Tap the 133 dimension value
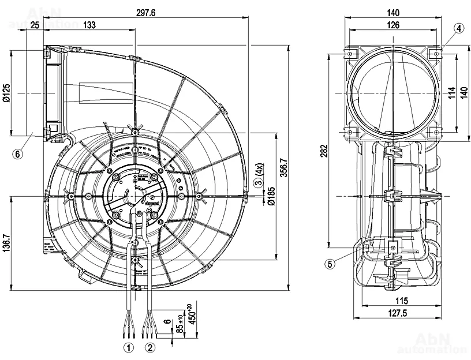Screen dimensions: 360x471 tap(89, 24)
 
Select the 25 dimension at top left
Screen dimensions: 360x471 tap(35, 24)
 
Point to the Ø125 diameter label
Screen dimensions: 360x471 tap(6, 93)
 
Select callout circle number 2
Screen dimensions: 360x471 tap(149, 347)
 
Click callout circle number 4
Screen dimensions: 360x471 tap(458, 28)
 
